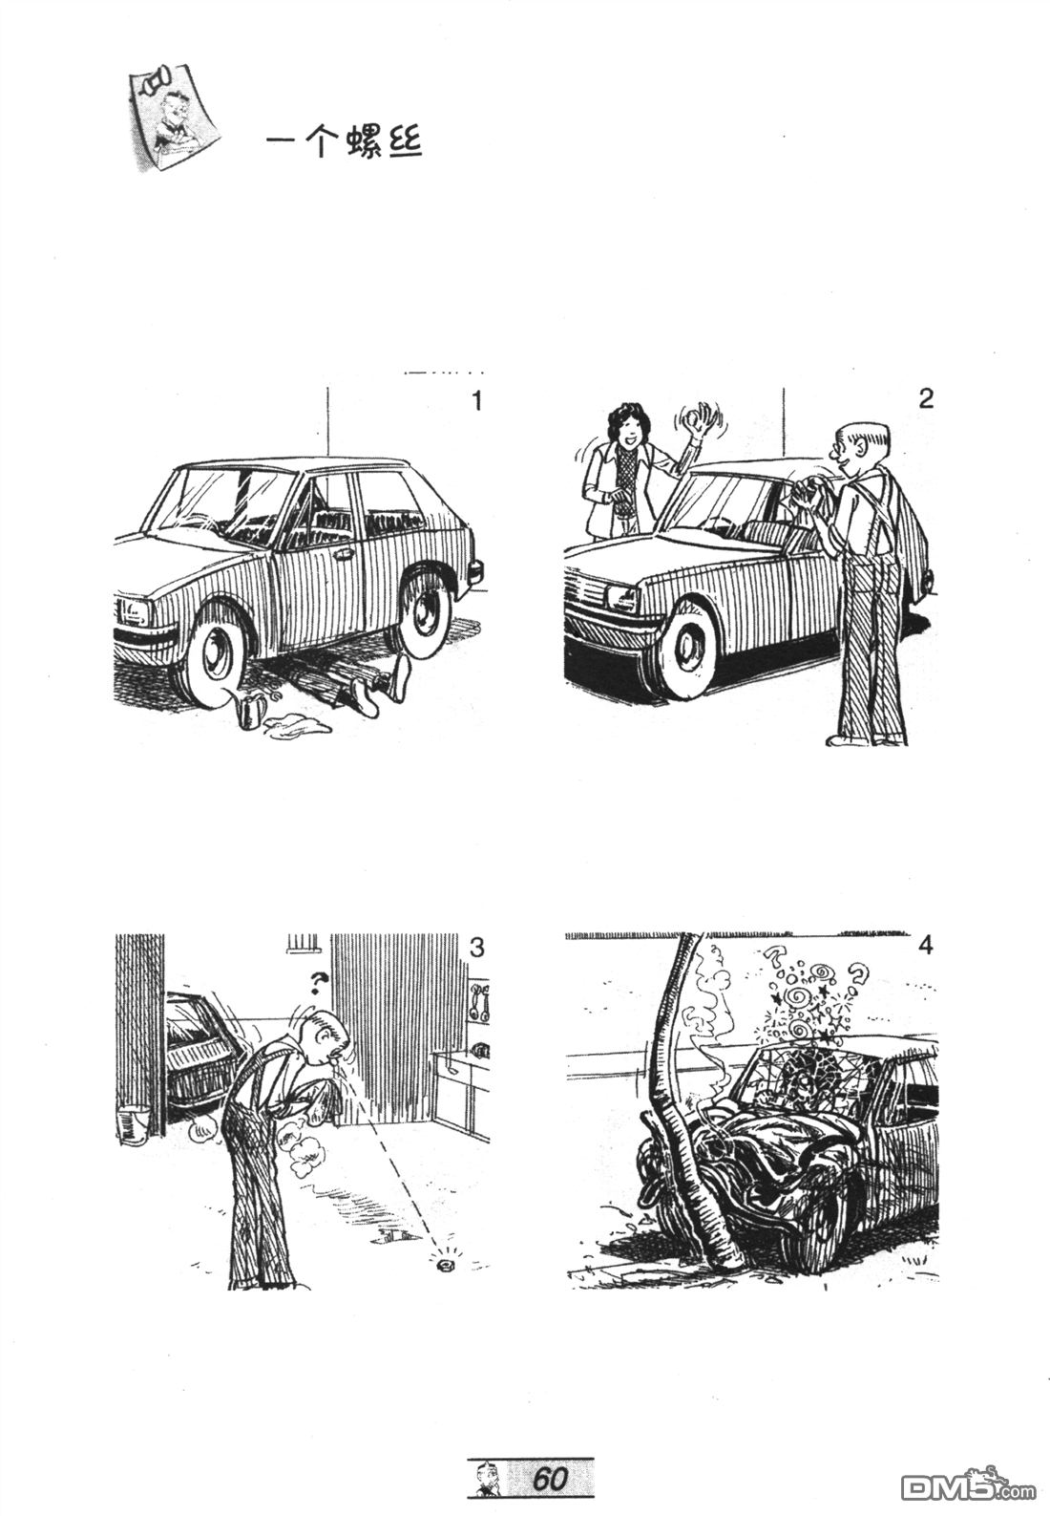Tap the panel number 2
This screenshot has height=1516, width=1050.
tap(926, 398)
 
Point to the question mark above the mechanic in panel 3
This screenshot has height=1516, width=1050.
tap(318, 983)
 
